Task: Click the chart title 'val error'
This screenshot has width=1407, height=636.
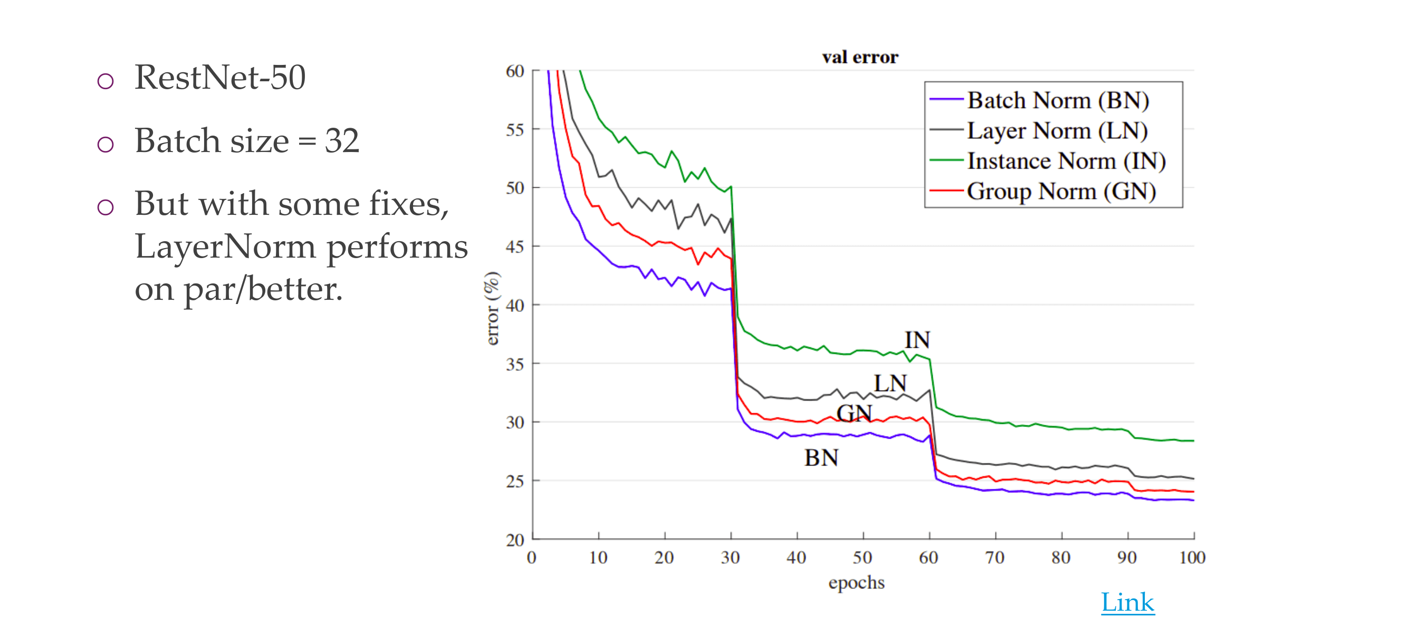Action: pyautogui.click(x=860, y=58)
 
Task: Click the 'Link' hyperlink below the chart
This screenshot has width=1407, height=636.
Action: pyautogui.click(x=1127, y=602)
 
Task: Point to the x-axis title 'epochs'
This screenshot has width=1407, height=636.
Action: pyautogui.click(x=856, y=583)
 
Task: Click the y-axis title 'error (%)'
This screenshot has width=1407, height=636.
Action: pyautogui.click(x=492, y=308)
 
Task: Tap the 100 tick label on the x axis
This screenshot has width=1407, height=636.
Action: pyautogui.click(x=1192, y=558)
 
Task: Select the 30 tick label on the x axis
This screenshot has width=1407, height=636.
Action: pyautogui.click(x=730, y=558)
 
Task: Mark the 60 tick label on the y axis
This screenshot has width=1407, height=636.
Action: pyautogui.click(x=514, y=72)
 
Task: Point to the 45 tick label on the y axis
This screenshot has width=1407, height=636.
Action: pyautogui.click(x=514, y=247)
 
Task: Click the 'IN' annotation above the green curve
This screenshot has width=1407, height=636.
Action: pyautogui.click(x=917, y=340)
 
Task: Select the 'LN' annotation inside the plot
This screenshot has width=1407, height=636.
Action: pyautogui.click(x=890, y=384)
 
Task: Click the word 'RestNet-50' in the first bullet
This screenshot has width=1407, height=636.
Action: pyautogui.click(x=220, y=78)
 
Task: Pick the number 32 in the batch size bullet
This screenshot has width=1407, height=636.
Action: pyautogui.click(x=342, y=141)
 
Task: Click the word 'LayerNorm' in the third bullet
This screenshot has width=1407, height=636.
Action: pyautogui.click(x=226, y=247)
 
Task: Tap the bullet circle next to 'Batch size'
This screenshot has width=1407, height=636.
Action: pyautogui.click(x=106, y=145)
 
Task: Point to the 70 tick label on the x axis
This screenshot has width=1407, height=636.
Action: pyautogui.click(x=994, y=558)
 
